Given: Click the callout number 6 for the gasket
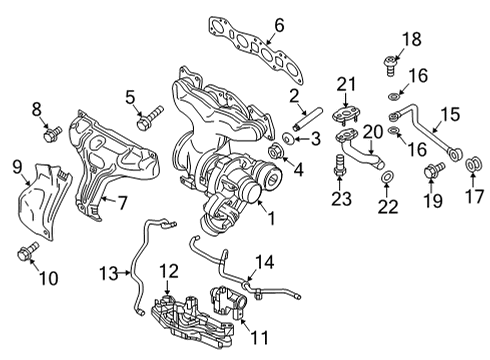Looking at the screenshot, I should pos(279,25).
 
